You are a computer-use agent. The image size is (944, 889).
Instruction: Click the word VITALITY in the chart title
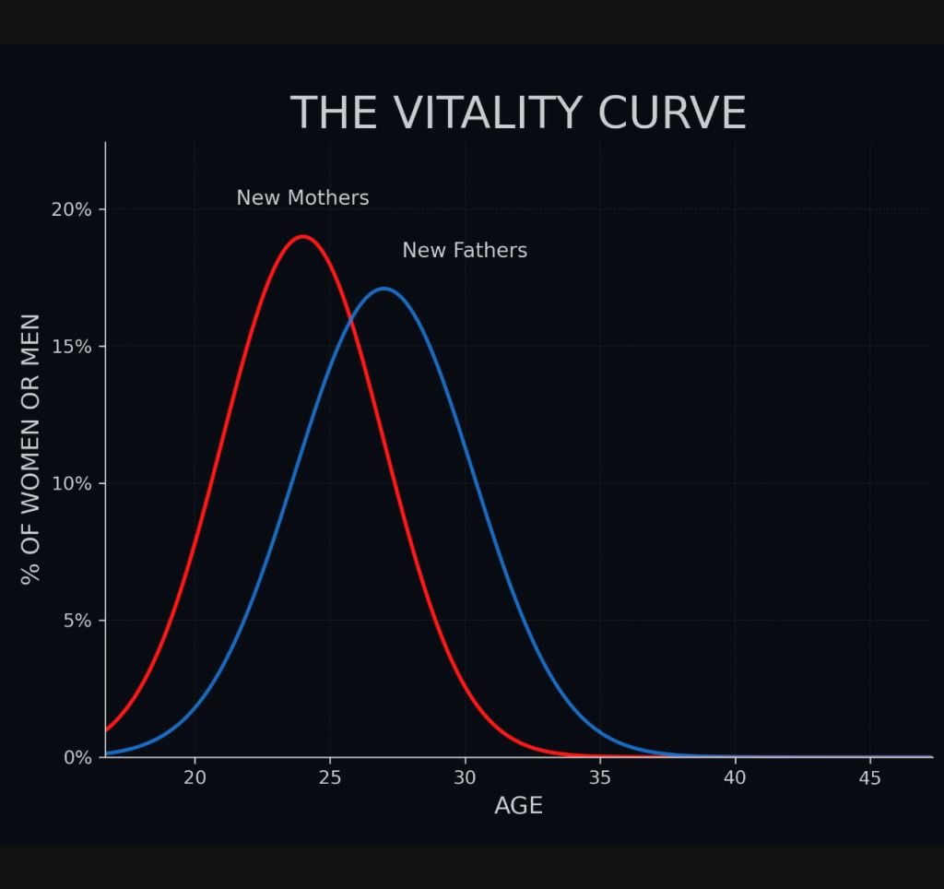488,113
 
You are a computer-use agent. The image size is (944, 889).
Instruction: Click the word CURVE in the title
672,113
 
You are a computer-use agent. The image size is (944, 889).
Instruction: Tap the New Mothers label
302,197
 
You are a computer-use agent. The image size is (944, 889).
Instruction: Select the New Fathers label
465,250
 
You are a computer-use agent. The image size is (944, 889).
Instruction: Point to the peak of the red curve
302,236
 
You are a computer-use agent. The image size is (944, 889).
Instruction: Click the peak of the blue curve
383,289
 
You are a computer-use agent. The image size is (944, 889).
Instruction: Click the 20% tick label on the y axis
72,209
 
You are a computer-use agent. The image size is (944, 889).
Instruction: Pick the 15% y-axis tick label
72,347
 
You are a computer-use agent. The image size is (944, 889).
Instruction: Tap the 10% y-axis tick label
72,483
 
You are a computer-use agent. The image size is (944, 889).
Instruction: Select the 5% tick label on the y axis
77,621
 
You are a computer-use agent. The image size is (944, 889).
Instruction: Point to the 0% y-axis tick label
77,757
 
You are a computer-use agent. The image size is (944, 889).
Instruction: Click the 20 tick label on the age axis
195,777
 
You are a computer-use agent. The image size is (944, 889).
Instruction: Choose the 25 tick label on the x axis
330,777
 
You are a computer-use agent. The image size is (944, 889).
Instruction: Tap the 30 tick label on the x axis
465,777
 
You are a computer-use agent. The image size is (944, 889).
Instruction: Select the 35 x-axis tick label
599,777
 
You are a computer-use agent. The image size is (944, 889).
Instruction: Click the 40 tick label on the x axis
735,777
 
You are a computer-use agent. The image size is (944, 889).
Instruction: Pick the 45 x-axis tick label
870,777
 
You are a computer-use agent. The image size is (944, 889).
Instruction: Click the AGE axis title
518,805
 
